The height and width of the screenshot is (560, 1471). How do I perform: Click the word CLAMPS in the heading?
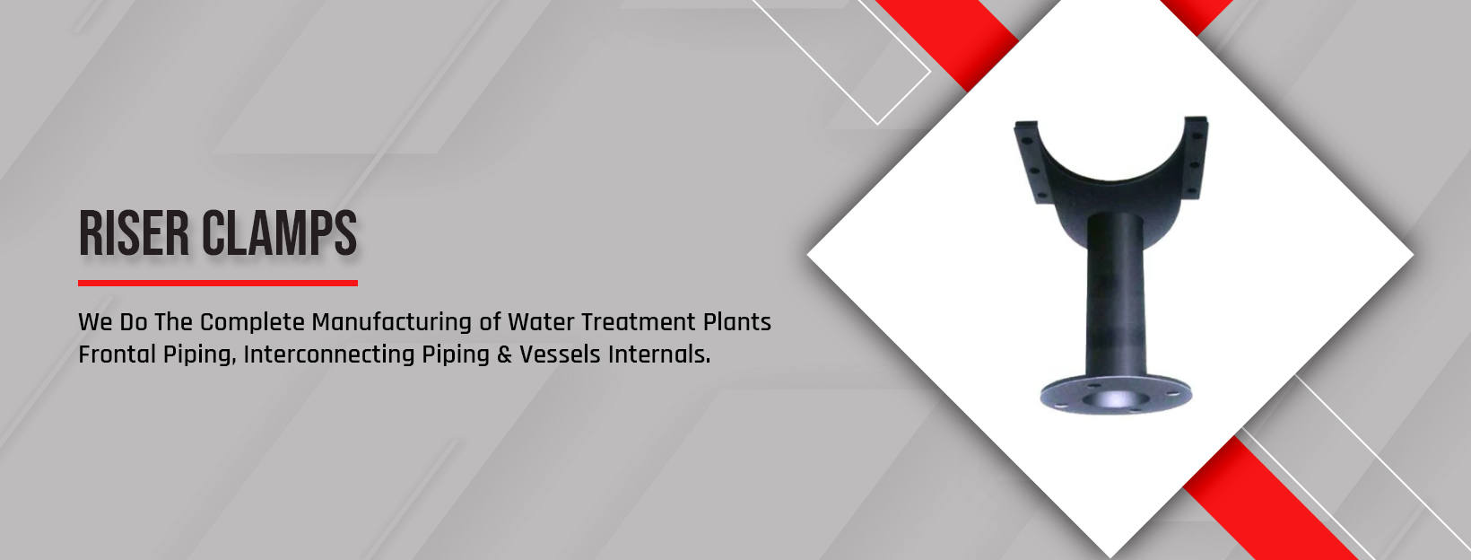279,233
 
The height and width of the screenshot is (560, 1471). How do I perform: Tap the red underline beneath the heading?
218,284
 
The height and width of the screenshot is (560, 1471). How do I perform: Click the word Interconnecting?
329,354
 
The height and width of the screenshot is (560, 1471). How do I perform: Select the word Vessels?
561,354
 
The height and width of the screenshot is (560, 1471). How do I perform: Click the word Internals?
659,354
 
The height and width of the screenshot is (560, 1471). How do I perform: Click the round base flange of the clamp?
1116,394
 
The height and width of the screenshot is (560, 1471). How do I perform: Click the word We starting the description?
95,322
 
